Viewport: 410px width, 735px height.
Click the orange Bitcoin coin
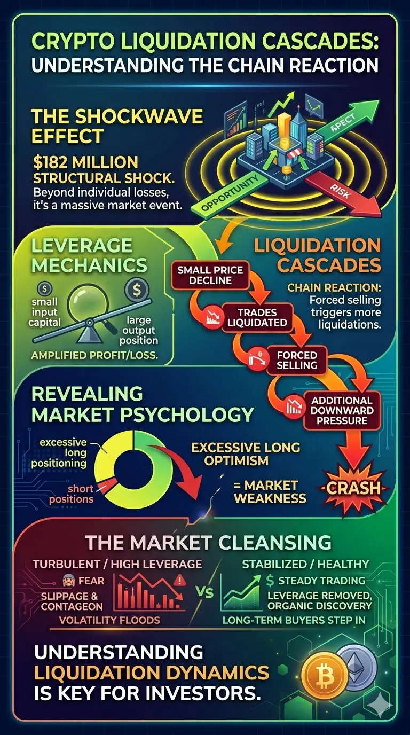click(325, 676)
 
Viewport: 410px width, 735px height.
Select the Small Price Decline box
click(210, 275)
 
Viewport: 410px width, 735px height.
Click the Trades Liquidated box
click(257, 317)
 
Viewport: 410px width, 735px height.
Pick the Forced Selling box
click(297, 360)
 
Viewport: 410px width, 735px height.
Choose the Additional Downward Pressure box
click(342, 410)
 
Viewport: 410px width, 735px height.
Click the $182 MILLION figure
click(85, 162)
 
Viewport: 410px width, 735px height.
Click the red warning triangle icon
click(180, 581)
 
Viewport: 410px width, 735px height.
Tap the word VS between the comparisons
click(205, 592)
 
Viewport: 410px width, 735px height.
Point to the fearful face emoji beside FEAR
click(68, 581)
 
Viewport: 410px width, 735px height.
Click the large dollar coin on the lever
click(137, 290)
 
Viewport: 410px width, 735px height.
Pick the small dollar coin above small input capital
click(45, 289)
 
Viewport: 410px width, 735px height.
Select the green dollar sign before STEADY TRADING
click(270, 581)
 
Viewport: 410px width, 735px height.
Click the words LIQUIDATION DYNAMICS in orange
click(152, 674)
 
